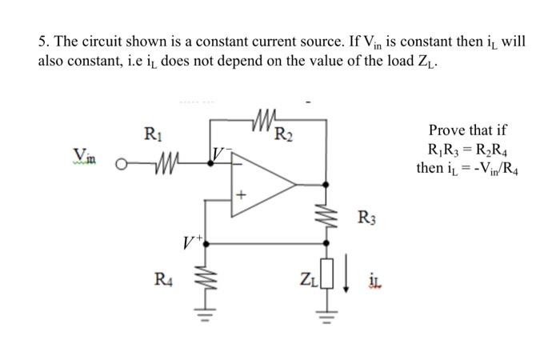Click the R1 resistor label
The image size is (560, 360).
click(150, 134)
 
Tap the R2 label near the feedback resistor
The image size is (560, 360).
click(282, 133)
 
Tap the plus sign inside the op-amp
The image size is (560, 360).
click(238, 195)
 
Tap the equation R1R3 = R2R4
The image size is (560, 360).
click(468, 148)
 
